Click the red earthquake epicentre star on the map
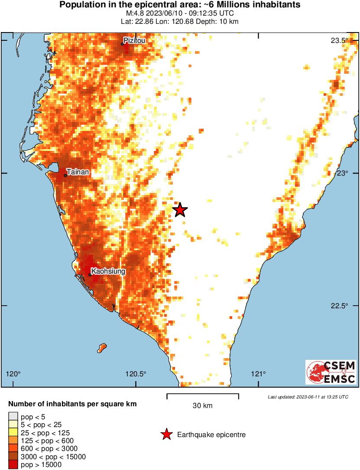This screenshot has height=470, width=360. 180,210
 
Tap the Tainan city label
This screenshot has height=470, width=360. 78,172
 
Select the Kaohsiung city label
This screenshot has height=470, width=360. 108,271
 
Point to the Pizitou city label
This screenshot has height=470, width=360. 134,41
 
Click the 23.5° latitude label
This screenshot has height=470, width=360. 340,41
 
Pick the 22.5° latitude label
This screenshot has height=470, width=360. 340,306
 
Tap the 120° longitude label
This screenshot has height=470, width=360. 13,374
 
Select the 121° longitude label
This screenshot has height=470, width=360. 259,374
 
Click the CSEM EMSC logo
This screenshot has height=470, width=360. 331,372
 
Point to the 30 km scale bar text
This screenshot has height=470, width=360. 202,406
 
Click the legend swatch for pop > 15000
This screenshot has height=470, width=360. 13,465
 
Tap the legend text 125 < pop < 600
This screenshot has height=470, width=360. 48,441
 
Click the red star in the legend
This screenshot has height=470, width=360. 166,434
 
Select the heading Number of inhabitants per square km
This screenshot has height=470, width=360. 73,404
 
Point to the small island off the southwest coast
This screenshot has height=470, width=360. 102,347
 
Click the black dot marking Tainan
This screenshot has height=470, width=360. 65,175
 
